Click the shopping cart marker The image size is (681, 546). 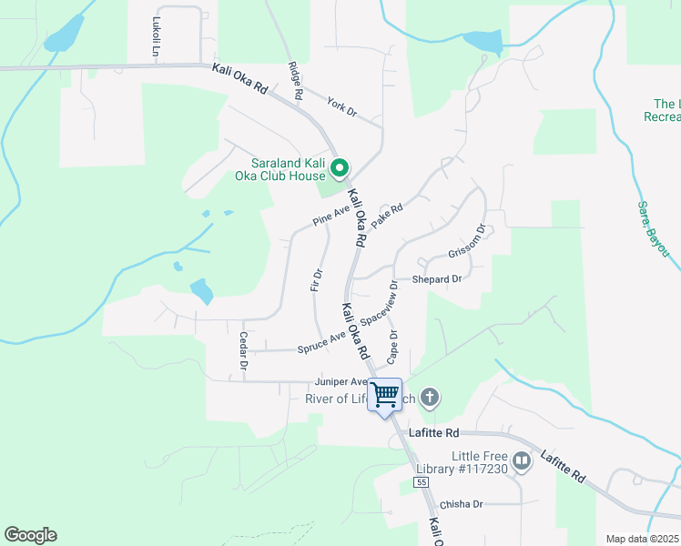(385, 395)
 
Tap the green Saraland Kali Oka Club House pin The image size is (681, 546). (340, 168)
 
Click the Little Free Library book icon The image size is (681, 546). (522, 461)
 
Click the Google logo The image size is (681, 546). (30, 535)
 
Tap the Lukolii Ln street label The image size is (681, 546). (157, 37)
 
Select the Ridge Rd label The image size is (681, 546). (296, 81)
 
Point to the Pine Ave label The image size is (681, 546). (330, 216)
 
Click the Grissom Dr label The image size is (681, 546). (467, 242)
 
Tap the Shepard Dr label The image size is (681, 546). (437, 279)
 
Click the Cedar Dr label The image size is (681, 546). (243, 350)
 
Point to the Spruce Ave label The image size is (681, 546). (321, 343)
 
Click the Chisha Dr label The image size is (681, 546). (460, 504)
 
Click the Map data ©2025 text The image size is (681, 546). (643, 539)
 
